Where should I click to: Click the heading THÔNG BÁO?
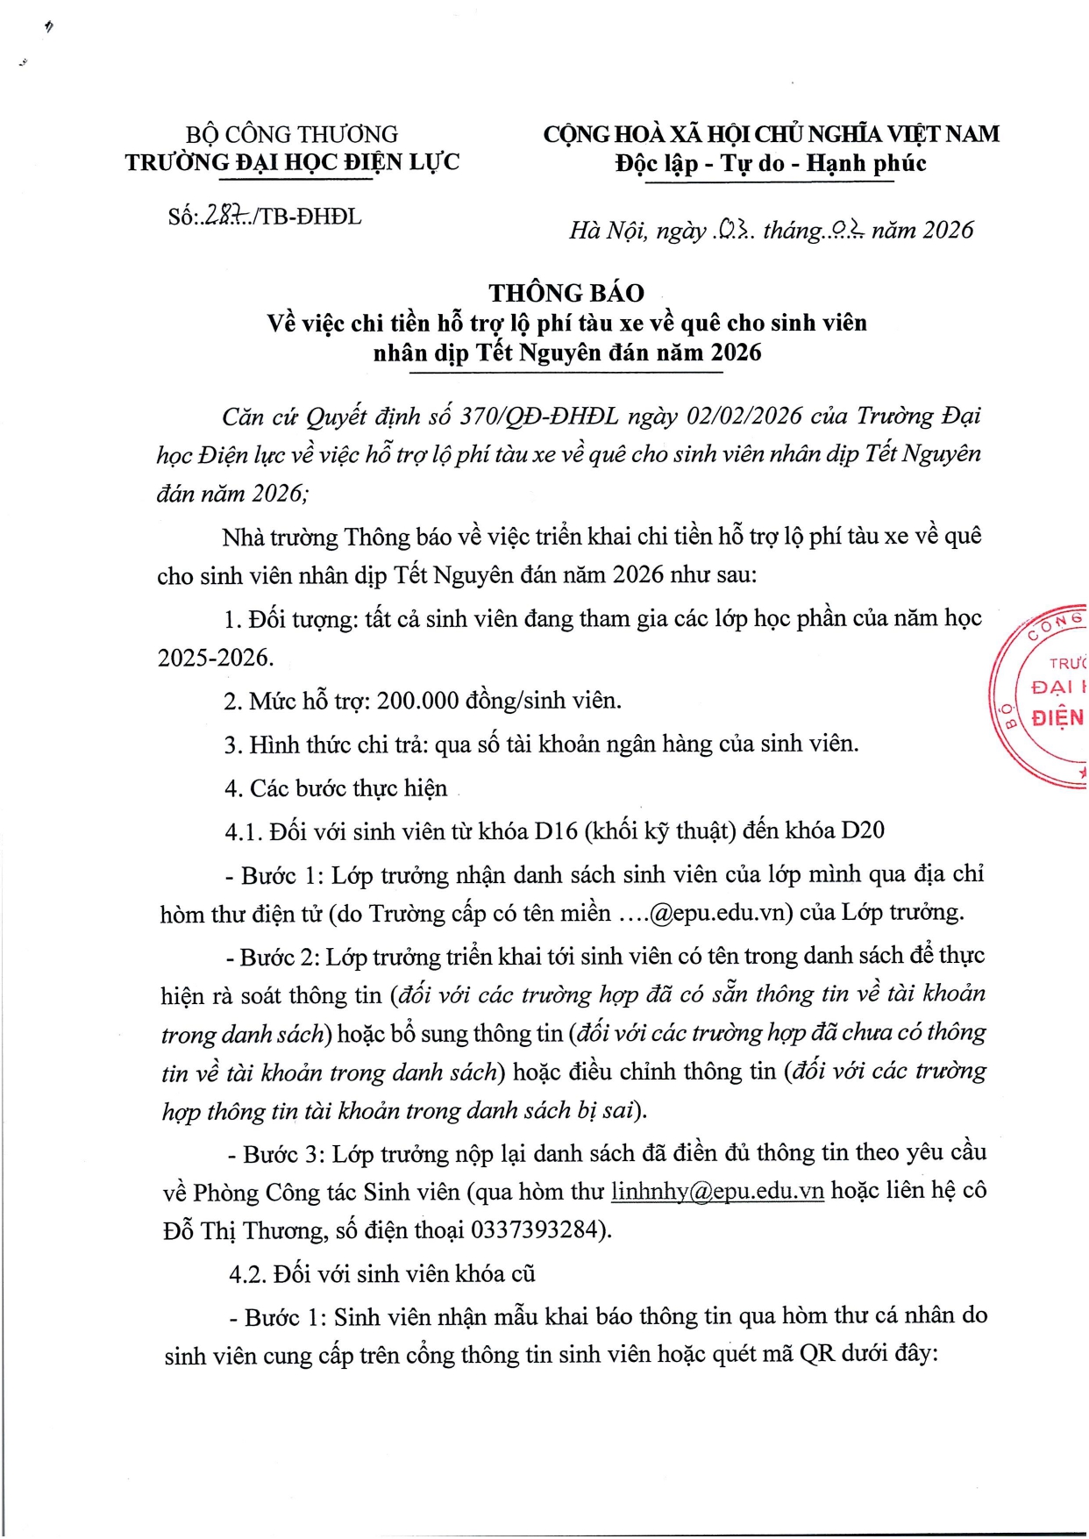pyautogui.click(x=566, y=293)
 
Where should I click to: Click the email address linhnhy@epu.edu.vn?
pyautogui.click(x=717, y=1191)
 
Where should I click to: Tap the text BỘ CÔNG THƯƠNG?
pyautogui.click(x=292, y=134)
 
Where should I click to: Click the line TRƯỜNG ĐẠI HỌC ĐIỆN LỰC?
pyautogui.click(x=292, y=162)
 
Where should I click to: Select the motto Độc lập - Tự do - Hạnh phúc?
pyautogui.click(x=771, y=163)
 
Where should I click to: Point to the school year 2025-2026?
pyautogui.click(x=215, y=658)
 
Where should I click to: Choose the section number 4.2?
pyautogui.click(x=247, y=1273)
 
